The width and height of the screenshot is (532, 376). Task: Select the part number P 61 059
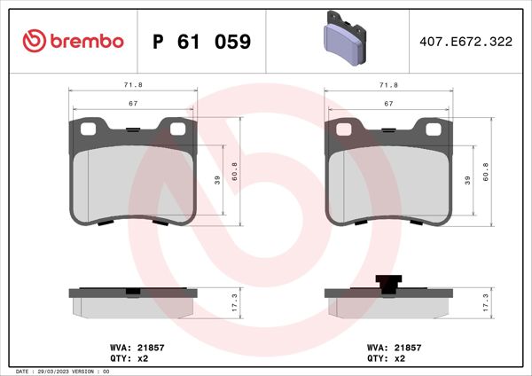tap(202, 42)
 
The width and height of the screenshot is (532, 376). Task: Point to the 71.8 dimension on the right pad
tap(387, 84)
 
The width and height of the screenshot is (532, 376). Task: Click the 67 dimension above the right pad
tap(387, 104)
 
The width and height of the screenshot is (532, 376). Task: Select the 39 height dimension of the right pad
tap(466, 180)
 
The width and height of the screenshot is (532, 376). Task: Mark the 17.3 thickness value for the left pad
tap(233, 302)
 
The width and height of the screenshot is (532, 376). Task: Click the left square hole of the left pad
tap(87, 129)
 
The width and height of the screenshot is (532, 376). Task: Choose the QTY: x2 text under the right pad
tap(387, 359)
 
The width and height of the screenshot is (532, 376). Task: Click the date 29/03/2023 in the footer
tap(53, 371)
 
